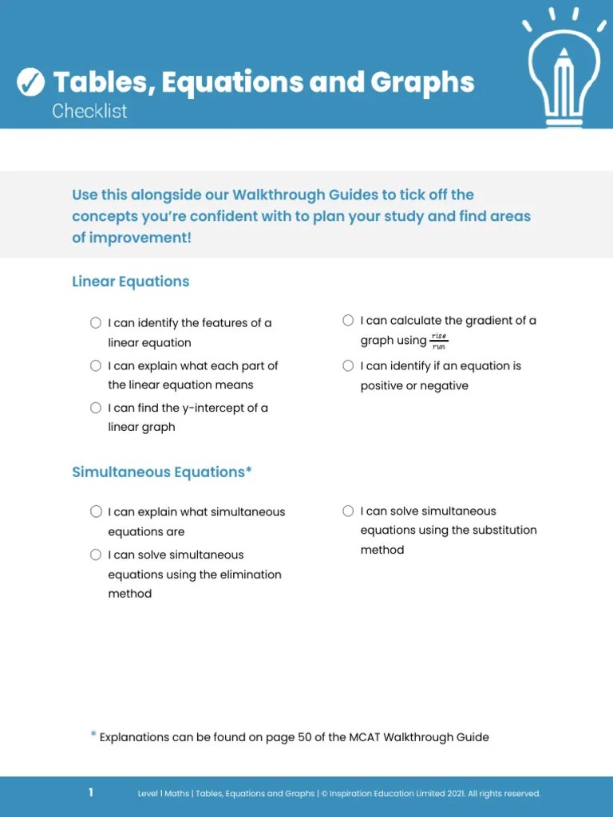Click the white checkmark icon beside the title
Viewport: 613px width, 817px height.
(30, 81)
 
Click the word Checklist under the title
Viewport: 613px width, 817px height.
(89, 112)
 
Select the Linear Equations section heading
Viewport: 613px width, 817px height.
(130, 282)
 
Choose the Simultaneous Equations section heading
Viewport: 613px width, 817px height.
(161, 472)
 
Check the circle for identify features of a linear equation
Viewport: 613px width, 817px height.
(96, 323)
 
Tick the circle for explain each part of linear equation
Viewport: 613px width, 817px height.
(96, 365)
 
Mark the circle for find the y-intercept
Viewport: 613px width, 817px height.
(96, 408)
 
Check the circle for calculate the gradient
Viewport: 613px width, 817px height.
(348, 321)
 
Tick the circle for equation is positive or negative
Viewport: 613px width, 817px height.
(348, 366)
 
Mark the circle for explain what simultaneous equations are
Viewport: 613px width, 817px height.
(96, 512)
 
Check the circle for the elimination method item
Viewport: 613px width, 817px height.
(96, 555)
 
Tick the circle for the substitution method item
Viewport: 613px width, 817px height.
(348, 511)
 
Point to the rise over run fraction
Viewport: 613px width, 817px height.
(439, 341)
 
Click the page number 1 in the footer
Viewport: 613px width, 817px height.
(91, 792)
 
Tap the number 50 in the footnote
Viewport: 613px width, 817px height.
(305, 737)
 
